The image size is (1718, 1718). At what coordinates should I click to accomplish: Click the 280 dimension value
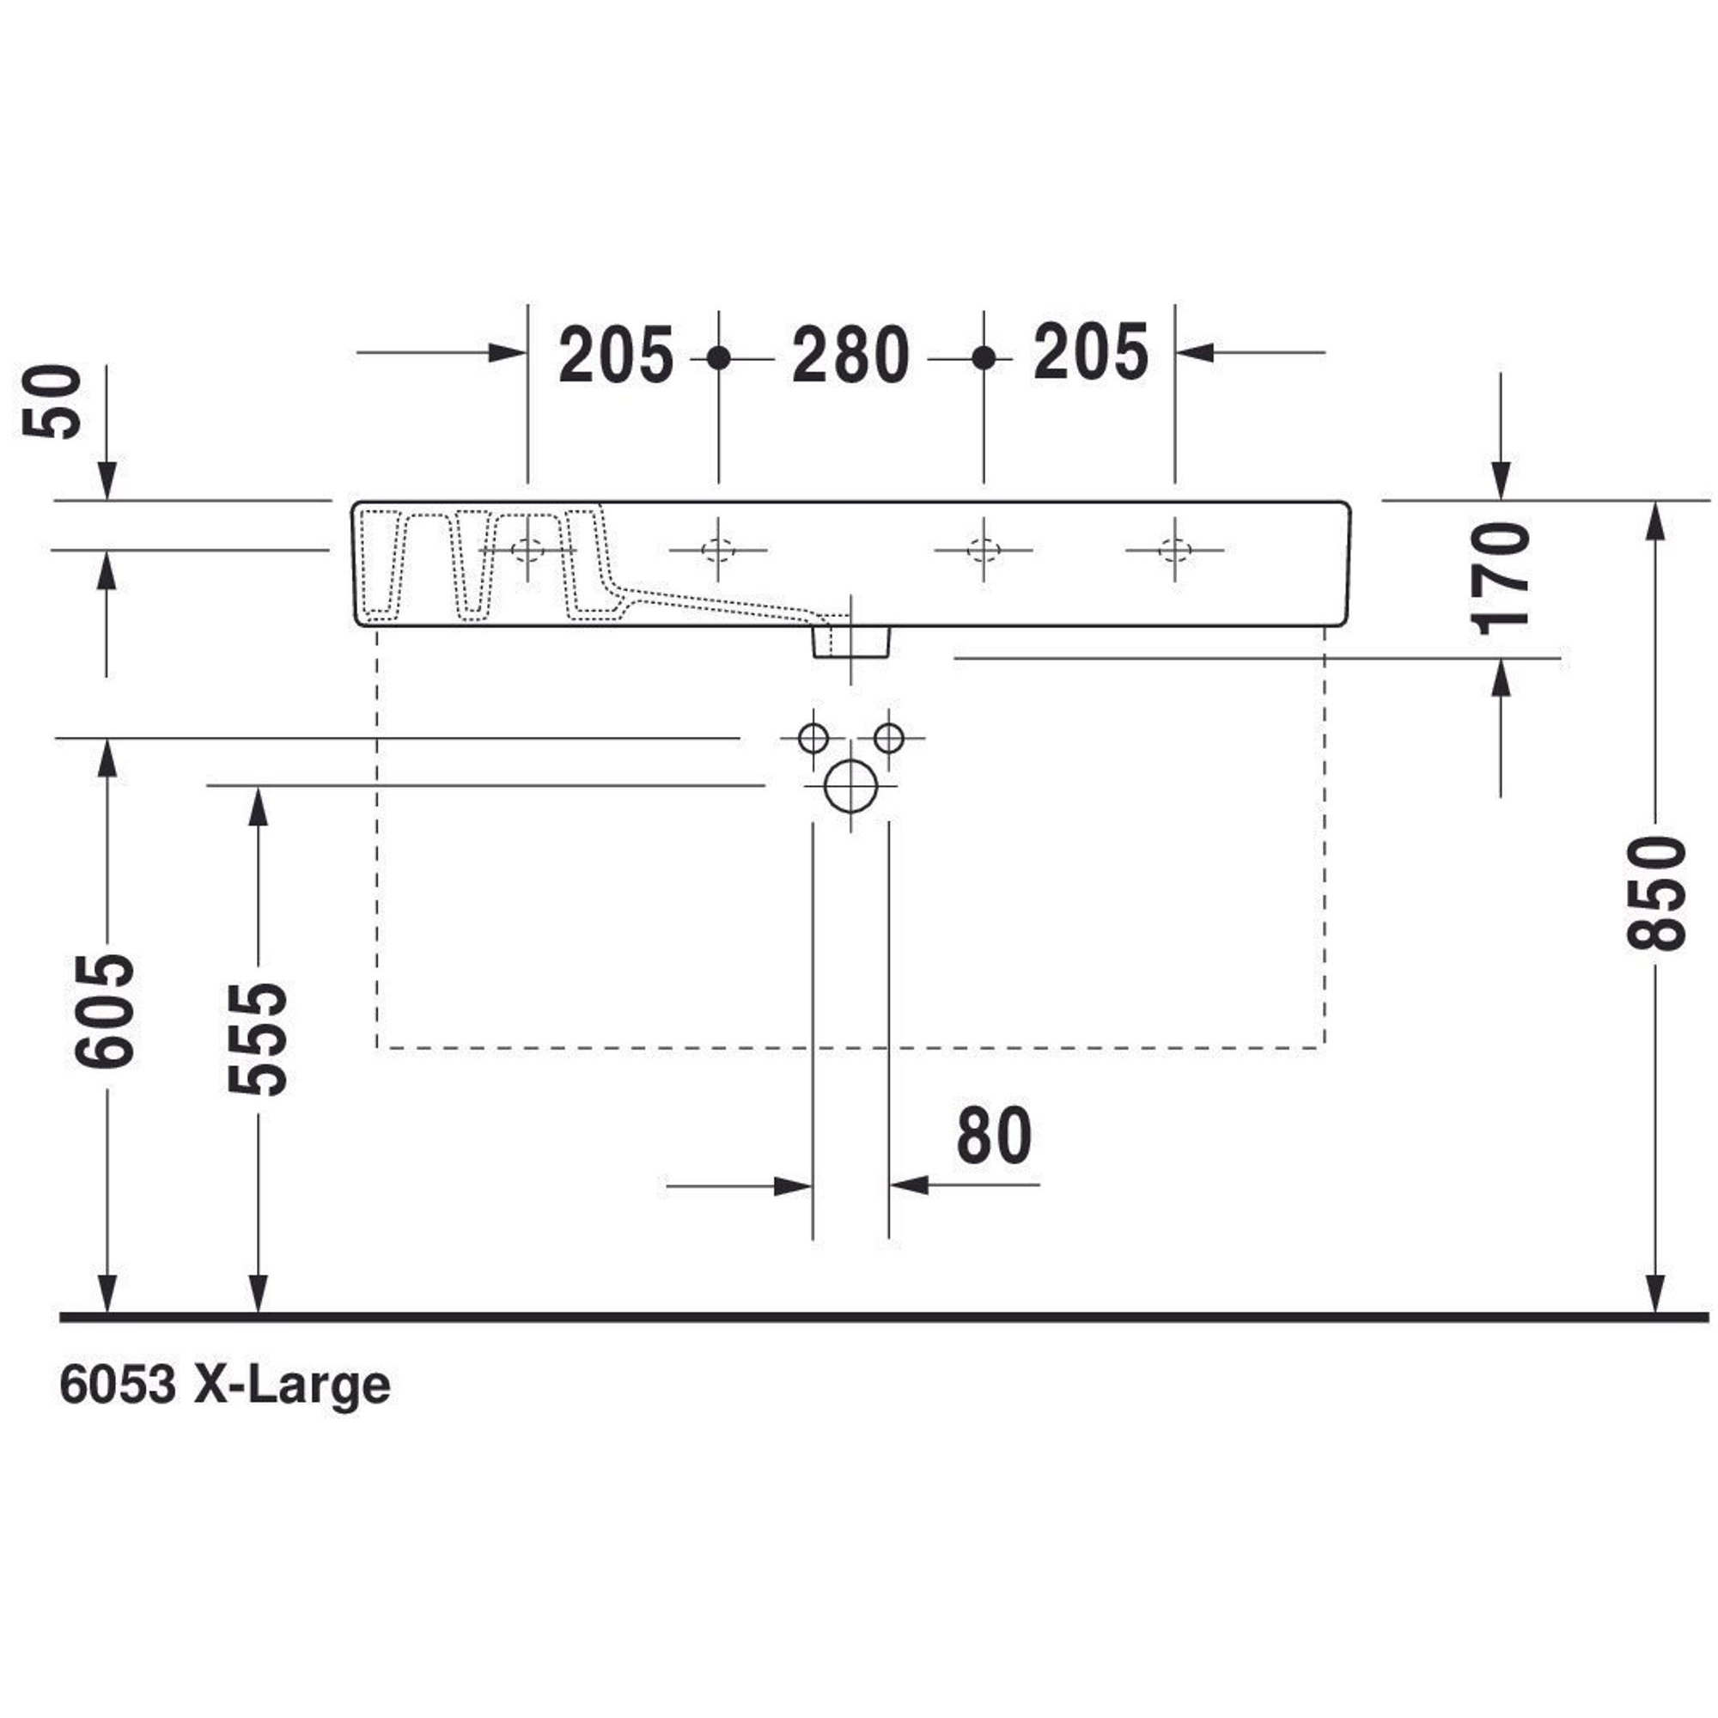click(x=851, y=355)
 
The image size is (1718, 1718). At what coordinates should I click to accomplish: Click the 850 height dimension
click(x=1656, y=893)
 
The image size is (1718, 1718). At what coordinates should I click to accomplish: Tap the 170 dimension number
click(x=1501, y=579)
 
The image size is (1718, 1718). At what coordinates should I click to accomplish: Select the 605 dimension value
click(x=105, y=1011)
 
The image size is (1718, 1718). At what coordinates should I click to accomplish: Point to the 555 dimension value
click(x=258, y=1039)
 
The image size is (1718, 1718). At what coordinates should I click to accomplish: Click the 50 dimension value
click(x=52, y=401)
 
